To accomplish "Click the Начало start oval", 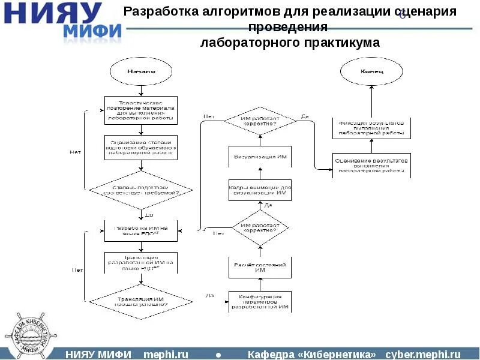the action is point(140,71).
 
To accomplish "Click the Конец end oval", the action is point(371,71).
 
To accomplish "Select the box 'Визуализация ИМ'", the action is point(260,157).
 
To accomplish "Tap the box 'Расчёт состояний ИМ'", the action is point(260,268).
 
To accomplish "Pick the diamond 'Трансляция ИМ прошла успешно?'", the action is point(140,300).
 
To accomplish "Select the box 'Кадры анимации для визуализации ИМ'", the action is point(260,190).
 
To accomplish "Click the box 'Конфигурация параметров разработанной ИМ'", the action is point(260,301).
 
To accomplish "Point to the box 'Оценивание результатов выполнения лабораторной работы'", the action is point(371,166).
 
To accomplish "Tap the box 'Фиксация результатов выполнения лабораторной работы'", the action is point(371,128).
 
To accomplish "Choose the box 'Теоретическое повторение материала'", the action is point(140,110).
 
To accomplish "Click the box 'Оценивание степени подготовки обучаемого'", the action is point(140,148).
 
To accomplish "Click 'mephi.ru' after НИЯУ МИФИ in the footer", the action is point(166,355).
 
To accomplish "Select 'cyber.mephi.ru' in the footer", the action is point(422,355).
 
